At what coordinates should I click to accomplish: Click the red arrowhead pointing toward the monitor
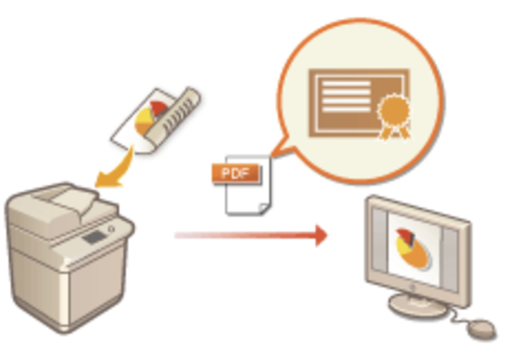pyautogui.click(x=321, y=235)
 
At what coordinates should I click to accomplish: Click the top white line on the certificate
pyautogui.click(x=346, y=83)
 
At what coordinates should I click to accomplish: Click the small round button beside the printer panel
pyautogui.click(x=111, y=229)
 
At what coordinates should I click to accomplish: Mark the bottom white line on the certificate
pyautogui.click(x=346, y=109)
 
